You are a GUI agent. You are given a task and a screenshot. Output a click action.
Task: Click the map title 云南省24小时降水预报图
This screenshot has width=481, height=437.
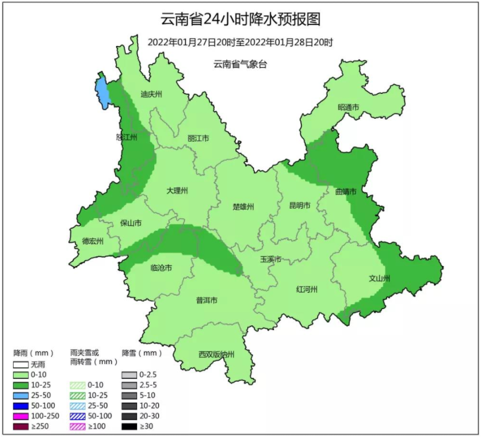click(x=240, y=20)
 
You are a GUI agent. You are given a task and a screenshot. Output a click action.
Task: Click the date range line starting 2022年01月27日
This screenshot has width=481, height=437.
click(x=240, y=42)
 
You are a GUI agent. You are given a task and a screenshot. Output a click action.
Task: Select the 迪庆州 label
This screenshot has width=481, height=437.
click(x=151, y=94)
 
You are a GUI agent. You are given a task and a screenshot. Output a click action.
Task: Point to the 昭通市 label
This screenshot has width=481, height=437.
click(x=348, y=108)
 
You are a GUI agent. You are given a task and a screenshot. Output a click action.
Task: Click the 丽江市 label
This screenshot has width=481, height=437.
click(x=198, y=138)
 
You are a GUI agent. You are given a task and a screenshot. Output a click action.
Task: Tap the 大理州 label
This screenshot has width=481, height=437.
click(x=177, y=191)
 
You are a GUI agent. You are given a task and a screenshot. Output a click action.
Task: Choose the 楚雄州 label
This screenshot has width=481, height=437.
click(x=243, y=207)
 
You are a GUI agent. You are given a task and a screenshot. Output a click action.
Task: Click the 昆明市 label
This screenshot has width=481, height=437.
click(x=300, y=206)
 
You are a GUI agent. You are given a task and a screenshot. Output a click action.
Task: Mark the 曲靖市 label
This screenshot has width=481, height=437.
click(x=346, y=192)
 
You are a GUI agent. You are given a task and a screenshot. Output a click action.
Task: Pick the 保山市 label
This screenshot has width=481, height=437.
click(x=131, y=223)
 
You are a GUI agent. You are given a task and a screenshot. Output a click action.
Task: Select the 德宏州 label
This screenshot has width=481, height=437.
click(x=93, y=242)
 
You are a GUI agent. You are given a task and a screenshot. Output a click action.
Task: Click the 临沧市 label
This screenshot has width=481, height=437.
click(x=161, y=268)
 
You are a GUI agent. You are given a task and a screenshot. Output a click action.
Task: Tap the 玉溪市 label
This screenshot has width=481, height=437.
click(x=270, y=259)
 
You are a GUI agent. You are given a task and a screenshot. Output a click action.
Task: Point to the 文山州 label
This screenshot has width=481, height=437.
click(x=379, y=279)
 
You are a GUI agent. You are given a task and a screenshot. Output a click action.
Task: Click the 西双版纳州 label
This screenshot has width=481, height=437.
click(x=217, y=355)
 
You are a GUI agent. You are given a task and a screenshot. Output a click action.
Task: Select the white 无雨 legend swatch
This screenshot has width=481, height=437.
click(x=22, y=365)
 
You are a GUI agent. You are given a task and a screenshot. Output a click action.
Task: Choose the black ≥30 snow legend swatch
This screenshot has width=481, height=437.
click(x=129, y=426)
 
